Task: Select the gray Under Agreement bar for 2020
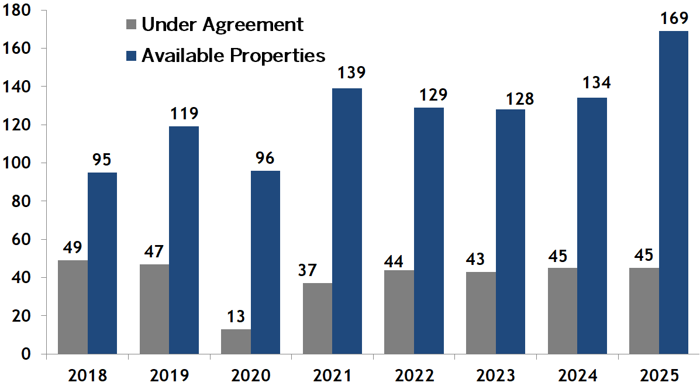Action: pos(236,342)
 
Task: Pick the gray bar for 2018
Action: pos(73,307)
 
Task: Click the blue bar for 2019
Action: pos(184,240)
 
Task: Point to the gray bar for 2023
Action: pos(481,313)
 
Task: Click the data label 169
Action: pos(673,19)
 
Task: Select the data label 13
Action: pos(236,316)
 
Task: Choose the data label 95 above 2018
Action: pos(102,159)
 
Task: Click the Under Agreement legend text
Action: pos(222,25)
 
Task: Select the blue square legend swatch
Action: pos(131,56)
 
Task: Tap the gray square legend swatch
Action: pos(131,25)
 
